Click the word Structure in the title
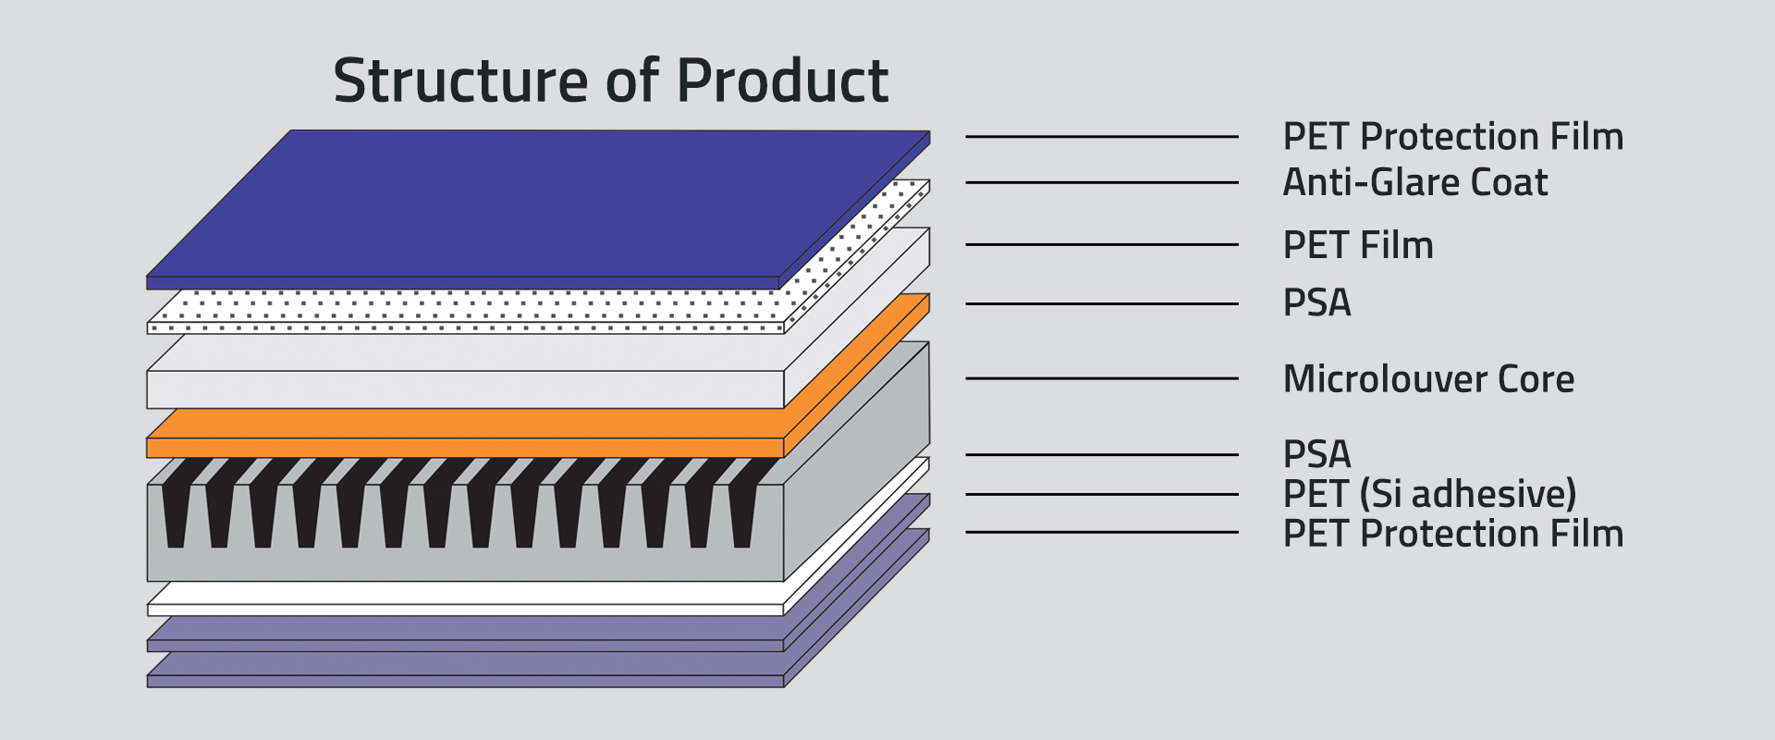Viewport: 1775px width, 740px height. point(460,81)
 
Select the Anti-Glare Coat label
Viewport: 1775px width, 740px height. point(1414,182)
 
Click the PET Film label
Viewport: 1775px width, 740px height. point(1358,245)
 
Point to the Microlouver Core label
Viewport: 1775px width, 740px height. point(1428,379)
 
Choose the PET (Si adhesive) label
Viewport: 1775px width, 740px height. point(1429,494)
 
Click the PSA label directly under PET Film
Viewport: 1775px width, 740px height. point(1316,303)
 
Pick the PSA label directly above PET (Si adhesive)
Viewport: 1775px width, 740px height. point(1316,454)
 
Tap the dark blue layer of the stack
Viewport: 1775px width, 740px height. point(536,203)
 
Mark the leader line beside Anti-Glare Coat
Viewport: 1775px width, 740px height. point(1101,183)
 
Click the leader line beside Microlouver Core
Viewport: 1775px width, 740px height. point(1101,378)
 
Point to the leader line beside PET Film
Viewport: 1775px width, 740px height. point(1101,245)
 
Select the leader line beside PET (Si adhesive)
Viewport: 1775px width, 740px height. point(1101,494)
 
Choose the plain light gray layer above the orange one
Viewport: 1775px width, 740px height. point(462,388)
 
